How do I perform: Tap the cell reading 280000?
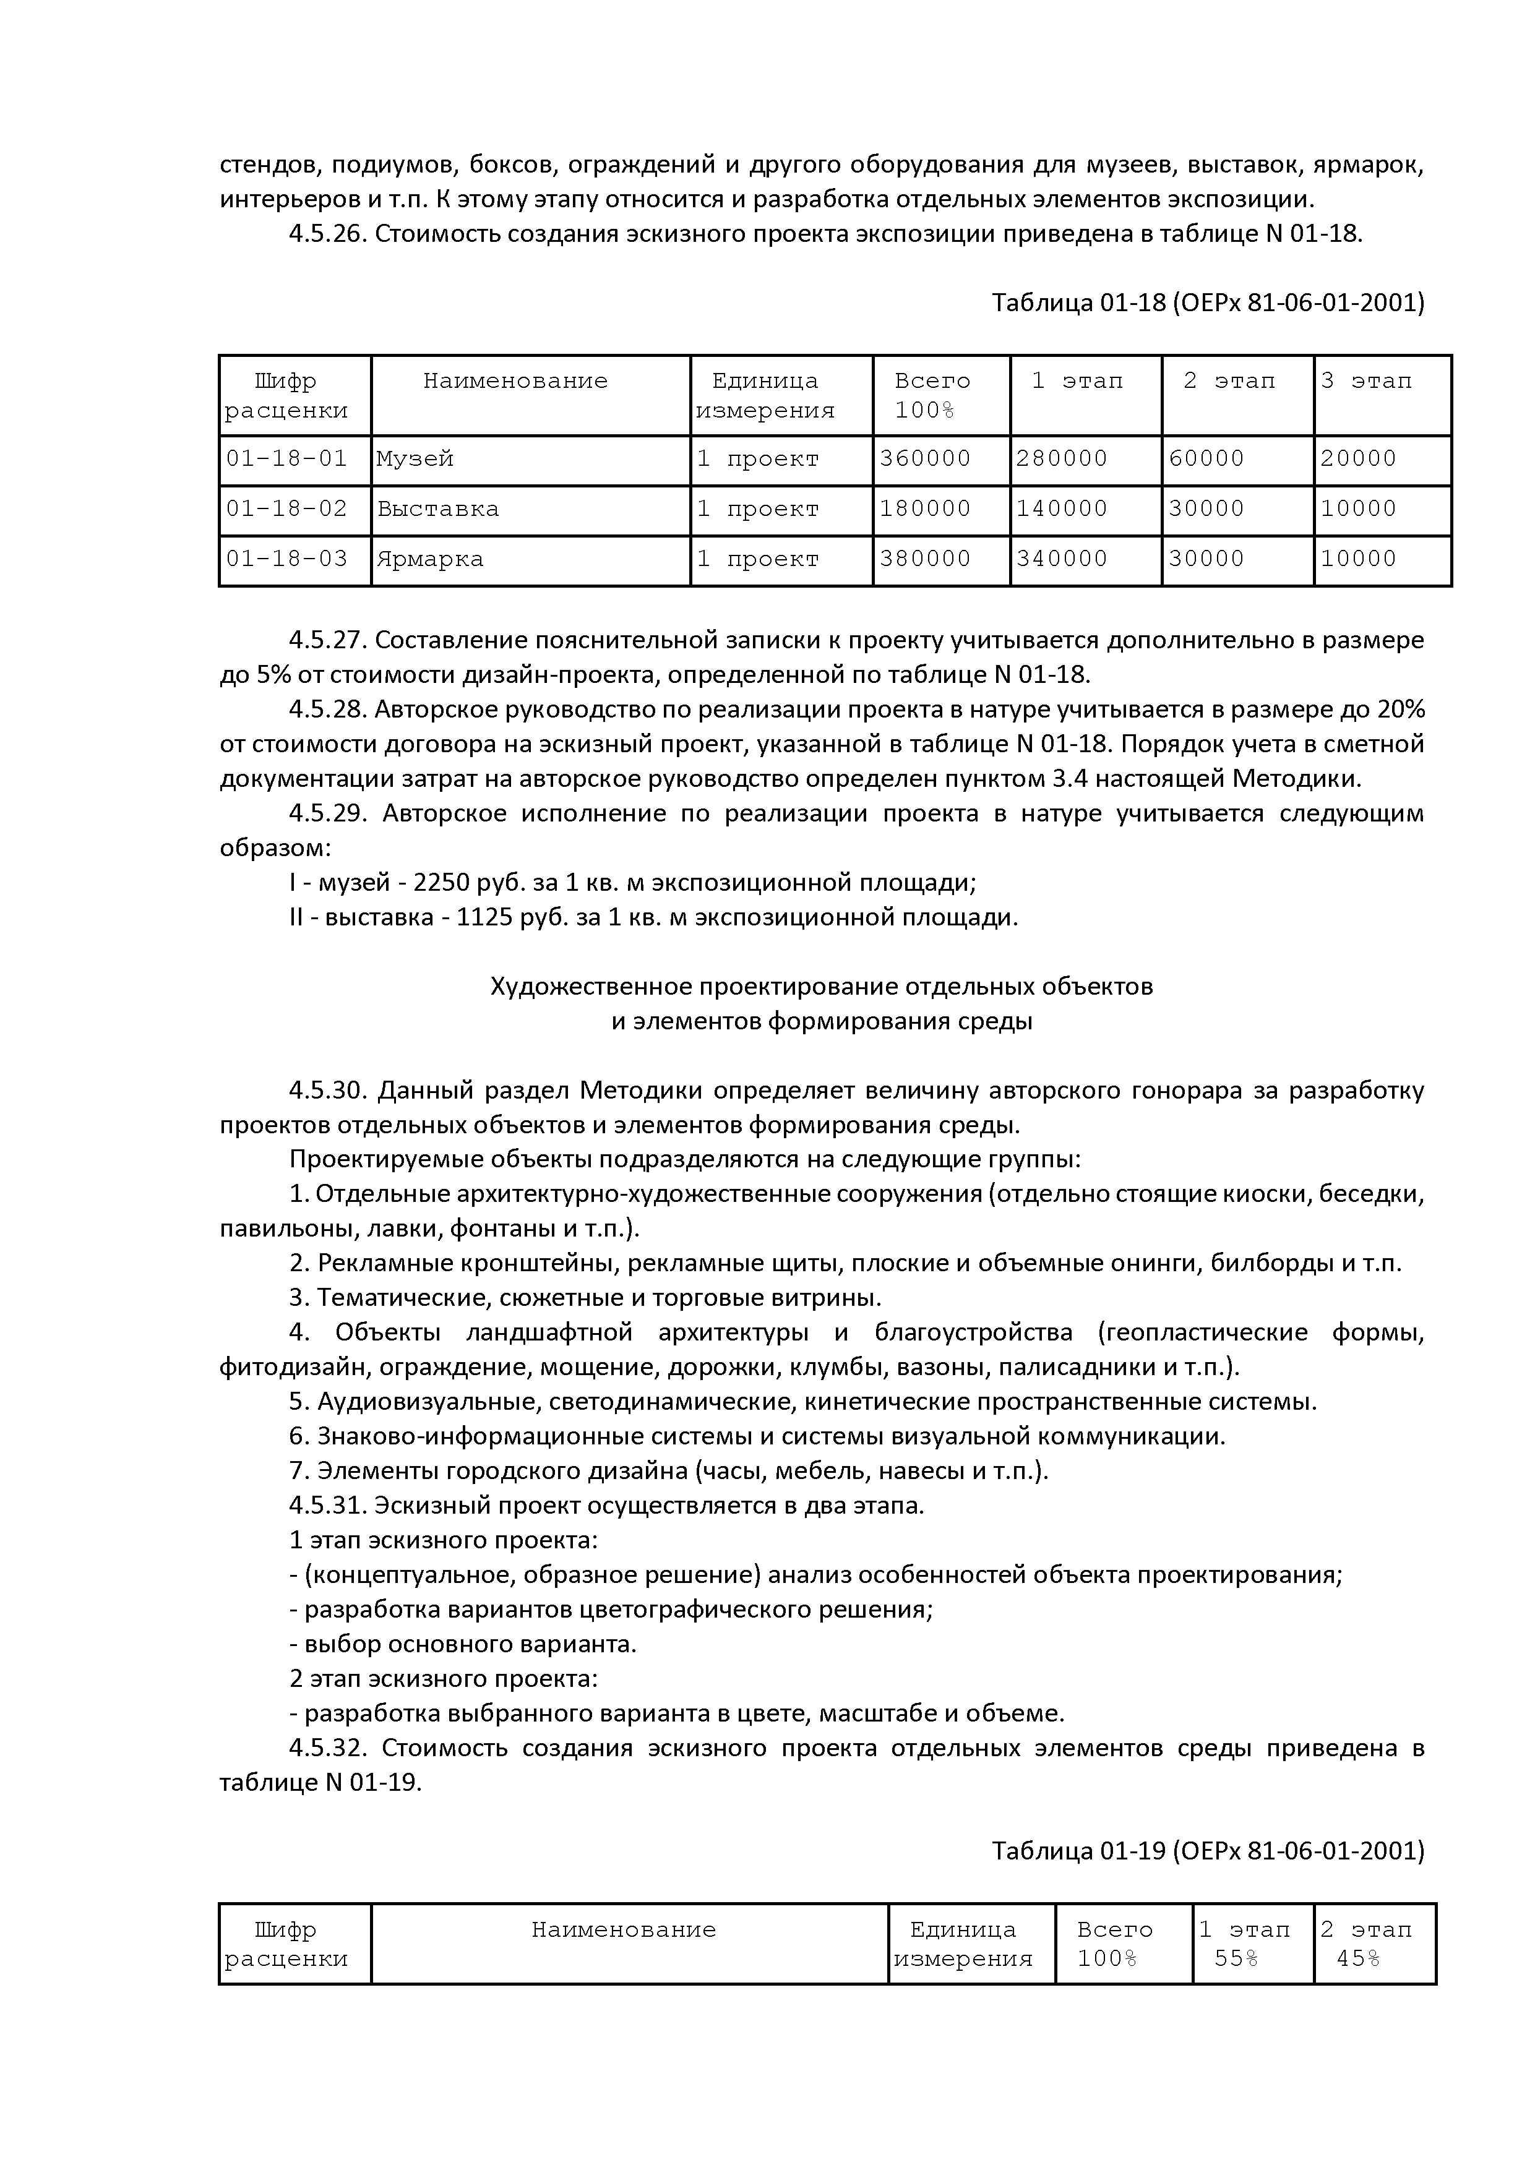coord(1062,460)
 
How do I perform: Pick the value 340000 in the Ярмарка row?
coord(1062,560)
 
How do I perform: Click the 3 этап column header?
coord(1366,381)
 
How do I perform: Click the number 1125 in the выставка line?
coord(485,918)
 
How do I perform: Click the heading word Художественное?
coord(591,987)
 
